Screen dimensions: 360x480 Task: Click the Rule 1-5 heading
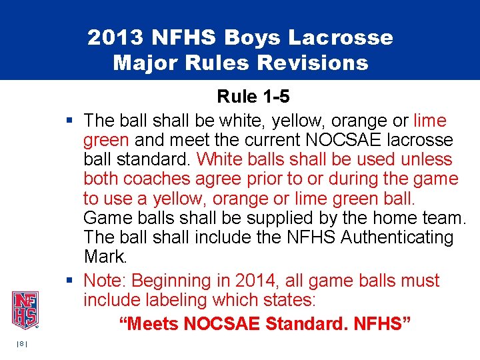tap(253, 97)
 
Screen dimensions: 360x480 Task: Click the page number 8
tap(23, 343)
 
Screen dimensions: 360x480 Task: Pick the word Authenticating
tap(396, 237)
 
